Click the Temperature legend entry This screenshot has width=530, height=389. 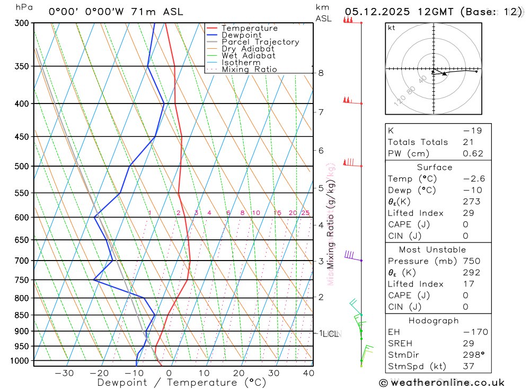click(249, 28)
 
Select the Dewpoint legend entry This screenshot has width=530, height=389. click(241, 35)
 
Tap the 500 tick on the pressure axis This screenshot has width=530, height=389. click(22, 166)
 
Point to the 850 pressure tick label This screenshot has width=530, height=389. click(22, 315)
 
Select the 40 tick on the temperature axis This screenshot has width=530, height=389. click(308, 373)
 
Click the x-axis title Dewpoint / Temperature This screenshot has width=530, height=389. click(181, 382)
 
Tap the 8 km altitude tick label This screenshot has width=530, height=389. click(321, 73)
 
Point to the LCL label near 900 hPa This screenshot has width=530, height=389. click(331, 334)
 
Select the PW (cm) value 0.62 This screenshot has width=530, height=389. click(473, 154)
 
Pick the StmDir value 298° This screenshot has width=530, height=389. click(472, 355)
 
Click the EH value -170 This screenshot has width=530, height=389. click(474, 332)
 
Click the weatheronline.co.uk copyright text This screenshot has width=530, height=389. click(442, 383)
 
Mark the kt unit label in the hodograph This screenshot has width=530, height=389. click(392, 28)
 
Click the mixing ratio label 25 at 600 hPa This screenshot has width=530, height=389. click(305, 213)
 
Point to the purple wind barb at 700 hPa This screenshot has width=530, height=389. click(350, 256)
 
